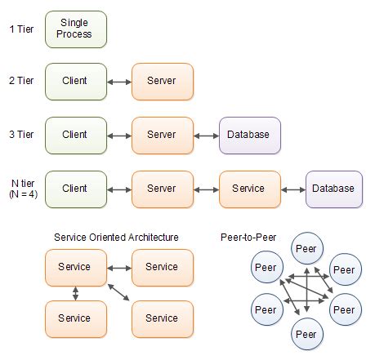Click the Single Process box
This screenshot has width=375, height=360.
coord(75,29)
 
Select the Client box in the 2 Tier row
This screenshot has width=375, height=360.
coord(75,81)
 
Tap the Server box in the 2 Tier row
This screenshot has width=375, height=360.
coord(162,81)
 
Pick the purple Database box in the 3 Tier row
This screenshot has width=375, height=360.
coord(249,135)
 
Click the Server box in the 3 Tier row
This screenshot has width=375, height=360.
coord(162,135)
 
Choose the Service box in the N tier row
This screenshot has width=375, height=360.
coord(248,189)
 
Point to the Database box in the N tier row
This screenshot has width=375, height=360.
coord(334,189)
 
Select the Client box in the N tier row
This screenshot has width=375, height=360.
coord(75,189)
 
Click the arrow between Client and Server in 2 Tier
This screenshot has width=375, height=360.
coord(119,82)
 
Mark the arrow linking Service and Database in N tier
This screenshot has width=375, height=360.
coord(292,189)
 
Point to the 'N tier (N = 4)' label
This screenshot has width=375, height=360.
coord(20,189)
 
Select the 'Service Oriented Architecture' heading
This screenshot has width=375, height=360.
coord(116,238)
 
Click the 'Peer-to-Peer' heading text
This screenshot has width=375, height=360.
coord(248,238)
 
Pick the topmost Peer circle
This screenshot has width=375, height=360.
coord(306,249)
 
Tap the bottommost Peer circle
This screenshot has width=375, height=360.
coord(306,335)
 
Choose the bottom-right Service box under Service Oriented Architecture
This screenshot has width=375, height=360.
coord(162,319)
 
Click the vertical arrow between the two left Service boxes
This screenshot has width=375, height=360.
coord(75,293)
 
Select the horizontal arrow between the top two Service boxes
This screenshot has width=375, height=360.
coord(119,267)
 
